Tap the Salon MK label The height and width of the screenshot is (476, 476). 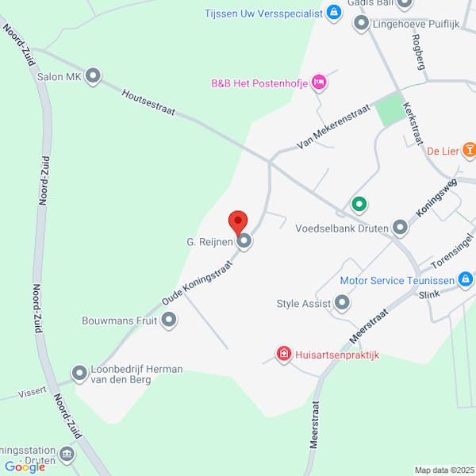(x=59, y=77)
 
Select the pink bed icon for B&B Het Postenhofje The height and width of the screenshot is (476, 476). (x=319, y=82)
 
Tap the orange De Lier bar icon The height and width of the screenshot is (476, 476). (x=470, y=150)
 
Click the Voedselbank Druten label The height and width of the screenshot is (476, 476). (x=341, y=228)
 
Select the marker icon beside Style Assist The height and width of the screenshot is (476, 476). (x=342, y=302)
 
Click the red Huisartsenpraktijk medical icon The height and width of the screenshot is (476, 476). (x=282, y=354)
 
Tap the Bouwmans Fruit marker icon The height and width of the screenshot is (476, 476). (x=168, y=321)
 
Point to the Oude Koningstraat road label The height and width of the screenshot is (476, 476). (x=195, y=275)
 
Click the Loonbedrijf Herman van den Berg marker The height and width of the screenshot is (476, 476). (x=79, y=373)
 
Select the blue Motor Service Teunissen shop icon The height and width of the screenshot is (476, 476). (x=467, y=279)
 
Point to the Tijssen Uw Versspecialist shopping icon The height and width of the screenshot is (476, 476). (x=333, y=13)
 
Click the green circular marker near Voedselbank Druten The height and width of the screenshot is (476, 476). (x=359, y=205)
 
